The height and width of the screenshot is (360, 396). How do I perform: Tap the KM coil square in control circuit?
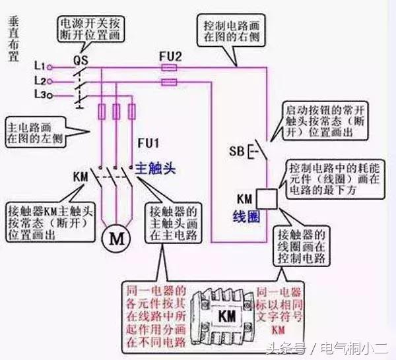pyautogui.click(x=265, y=198)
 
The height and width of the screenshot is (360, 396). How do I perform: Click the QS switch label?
pyautogui.click(x=81, y=57)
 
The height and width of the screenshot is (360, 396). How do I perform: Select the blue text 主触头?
pyautogui.click(x=159, y=168)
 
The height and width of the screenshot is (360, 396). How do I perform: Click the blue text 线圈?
pyautogui.click(x=246, y=216)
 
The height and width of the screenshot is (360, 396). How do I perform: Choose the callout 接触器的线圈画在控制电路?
pyautogui.click(x=302, y=245)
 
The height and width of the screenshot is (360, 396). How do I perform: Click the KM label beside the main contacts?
pyautogui.click(x=80, y=177)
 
